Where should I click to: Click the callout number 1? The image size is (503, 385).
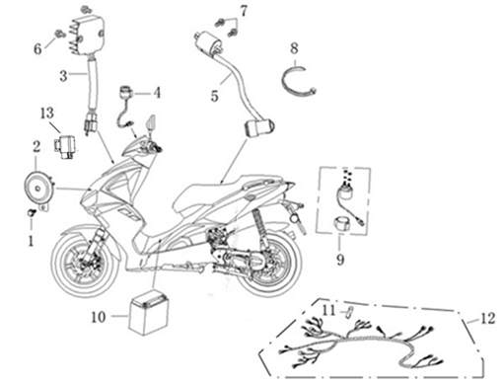tap(31, 241)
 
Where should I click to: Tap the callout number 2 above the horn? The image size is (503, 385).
tap(36, 146)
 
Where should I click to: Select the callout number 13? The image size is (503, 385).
tap(47, 114)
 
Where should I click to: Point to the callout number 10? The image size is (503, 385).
tap(99, 317)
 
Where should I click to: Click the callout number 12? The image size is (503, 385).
tap(488, 318)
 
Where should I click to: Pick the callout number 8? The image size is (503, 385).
tap(294, 48)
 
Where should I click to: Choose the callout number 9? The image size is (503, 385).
tap(340, 260)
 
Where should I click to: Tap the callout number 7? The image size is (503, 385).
tap(243, 11)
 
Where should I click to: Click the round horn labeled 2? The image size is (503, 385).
tap(38, 189)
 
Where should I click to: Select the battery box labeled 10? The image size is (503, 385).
tap(149, 312)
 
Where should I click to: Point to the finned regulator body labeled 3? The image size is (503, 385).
tap(88, 36)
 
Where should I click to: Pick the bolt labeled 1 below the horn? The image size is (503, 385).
tap(31, 213)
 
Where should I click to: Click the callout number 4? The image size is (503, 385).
tap(158, 93)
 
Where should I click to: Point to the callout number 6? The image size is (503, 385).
tap(37, 48)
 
